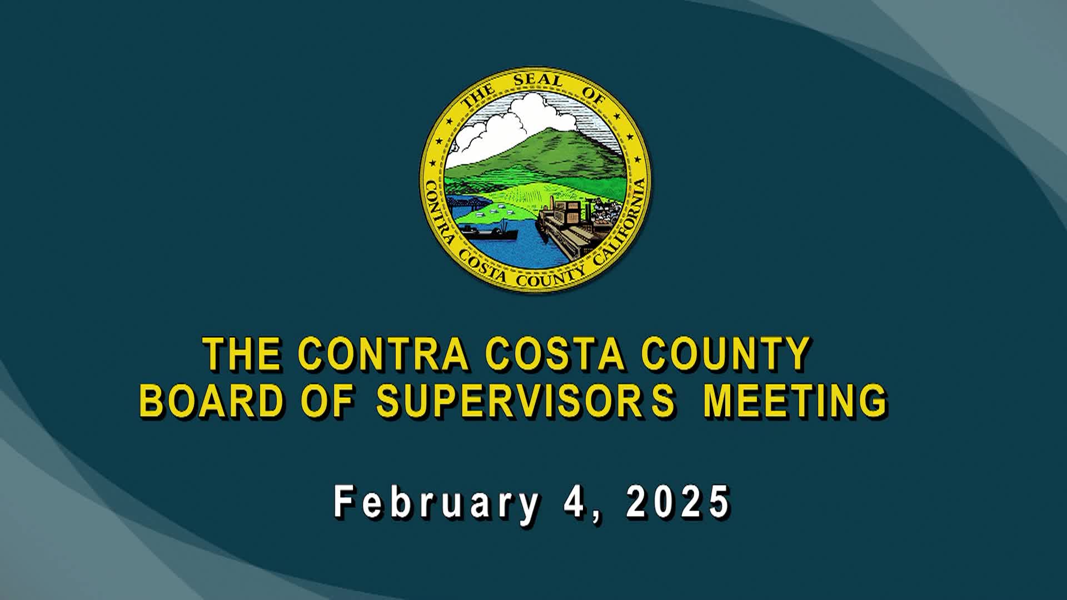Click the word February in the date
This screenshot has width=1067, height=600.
click(x=436, y=502)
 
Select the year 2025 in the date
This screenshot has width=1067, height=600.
click(x=678, y=502)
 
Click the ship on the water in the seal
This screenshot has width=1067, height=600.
click(x=489, y=232)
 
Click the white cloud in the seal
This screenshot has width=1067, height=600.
click(x=517, y=117)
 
